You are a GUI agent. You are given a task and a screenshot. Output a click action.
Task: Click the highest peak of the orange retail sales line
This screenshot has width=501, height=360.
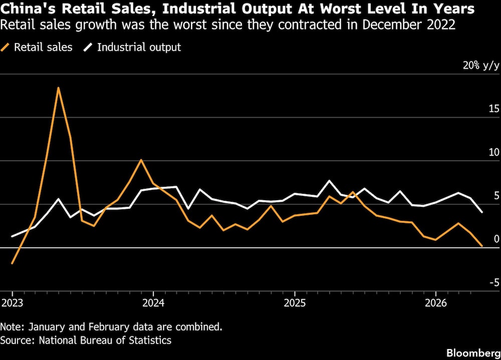[59, 88]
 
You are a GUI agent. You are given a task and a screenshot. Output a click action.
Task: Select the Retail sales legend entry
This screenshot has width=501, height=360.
[37, 47]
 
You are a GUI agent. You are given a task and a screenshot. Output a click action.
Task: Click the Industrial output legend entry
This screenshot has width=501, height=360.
[132, 47]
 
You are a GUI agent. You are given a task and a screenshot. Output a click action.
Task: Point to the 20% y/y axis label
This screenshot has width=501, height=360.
[481, 66]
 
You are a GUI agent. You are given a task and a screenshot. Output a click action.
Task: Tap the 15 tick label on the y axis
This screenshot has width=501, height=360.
[493, 109]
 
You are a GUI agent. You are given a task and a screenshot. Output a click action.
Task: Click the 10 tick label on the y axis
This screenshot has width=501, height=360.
[493, 152]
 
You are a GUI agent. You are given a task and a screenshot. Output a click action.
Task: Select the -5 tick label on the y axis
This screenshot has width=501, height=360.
[493, 282]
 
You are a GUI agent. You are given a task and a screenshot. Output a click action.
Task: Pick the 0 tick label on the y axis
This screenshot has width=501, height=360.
[496, 239]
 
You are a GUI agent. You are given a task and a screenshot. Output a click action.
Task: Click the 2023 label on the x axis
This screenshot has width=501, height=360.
[13, 302]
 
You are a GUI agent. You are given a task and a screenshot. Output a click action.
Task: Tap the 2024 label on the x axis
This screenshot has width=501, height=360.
[153, 302]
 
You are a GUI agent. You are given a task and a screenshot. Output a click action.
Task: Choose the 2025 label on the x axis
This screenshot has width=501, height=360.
[295, 302]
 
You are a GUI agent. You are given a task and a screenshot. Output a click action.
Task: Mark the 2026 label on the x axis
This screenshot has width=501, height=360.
[436, 302]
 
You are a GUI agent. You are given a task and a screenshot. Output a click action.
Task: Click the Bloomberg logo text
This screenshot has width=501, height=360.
[473, 353]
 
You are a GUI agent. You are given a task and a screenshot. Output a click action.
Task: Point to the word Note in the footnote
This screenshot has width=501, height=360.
[12, 327]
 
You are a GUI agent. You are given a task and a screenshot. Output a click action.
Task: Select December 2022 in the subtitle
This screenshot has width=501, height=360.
[409, 25]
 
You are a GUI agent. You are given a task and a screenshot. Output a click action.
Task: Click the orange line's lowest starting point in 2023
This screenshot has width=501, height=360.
[12, 263]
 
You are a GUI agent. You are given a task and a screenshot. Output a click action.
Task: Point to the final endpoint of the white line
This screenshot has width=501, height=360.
[482, 212]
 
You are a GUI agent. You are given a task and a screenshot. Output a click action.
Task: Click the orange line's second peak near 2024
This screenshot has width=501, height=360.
[141, 160]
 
